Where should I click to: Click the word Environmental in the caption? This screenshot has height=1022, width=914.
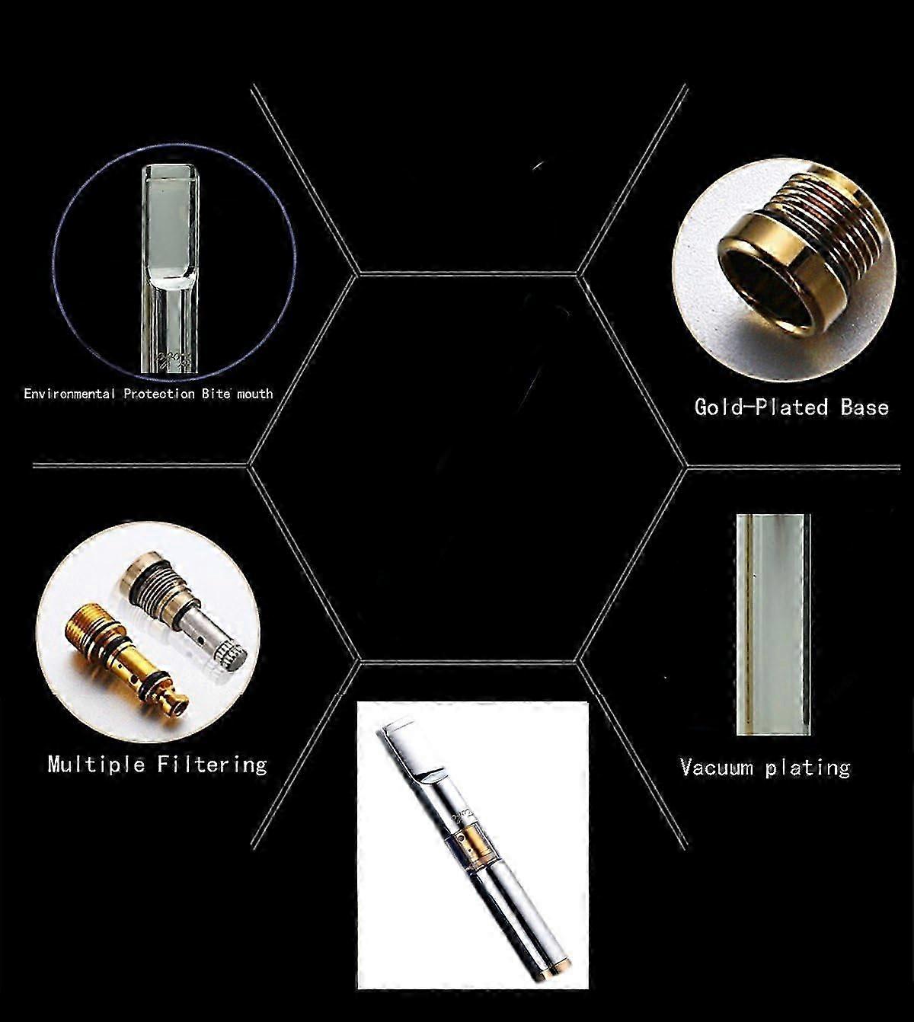(69, 394)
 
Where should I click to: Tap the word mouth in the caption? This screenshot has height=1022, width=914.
(254, 394)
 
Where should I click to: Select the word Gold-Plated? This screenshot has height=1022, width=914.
(761, 407)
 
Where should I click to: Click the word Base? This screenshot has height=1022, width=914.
(864, 407)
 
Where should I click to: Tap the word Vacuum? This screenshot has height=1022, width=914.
(717, 767)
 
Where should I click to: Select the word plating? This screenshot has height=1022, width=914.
(807, 767)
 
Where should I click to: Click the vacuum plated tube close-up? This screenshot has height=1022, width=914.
(772, 624)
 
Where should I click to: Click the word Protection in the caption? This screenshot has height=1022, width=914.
(159, 394)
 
